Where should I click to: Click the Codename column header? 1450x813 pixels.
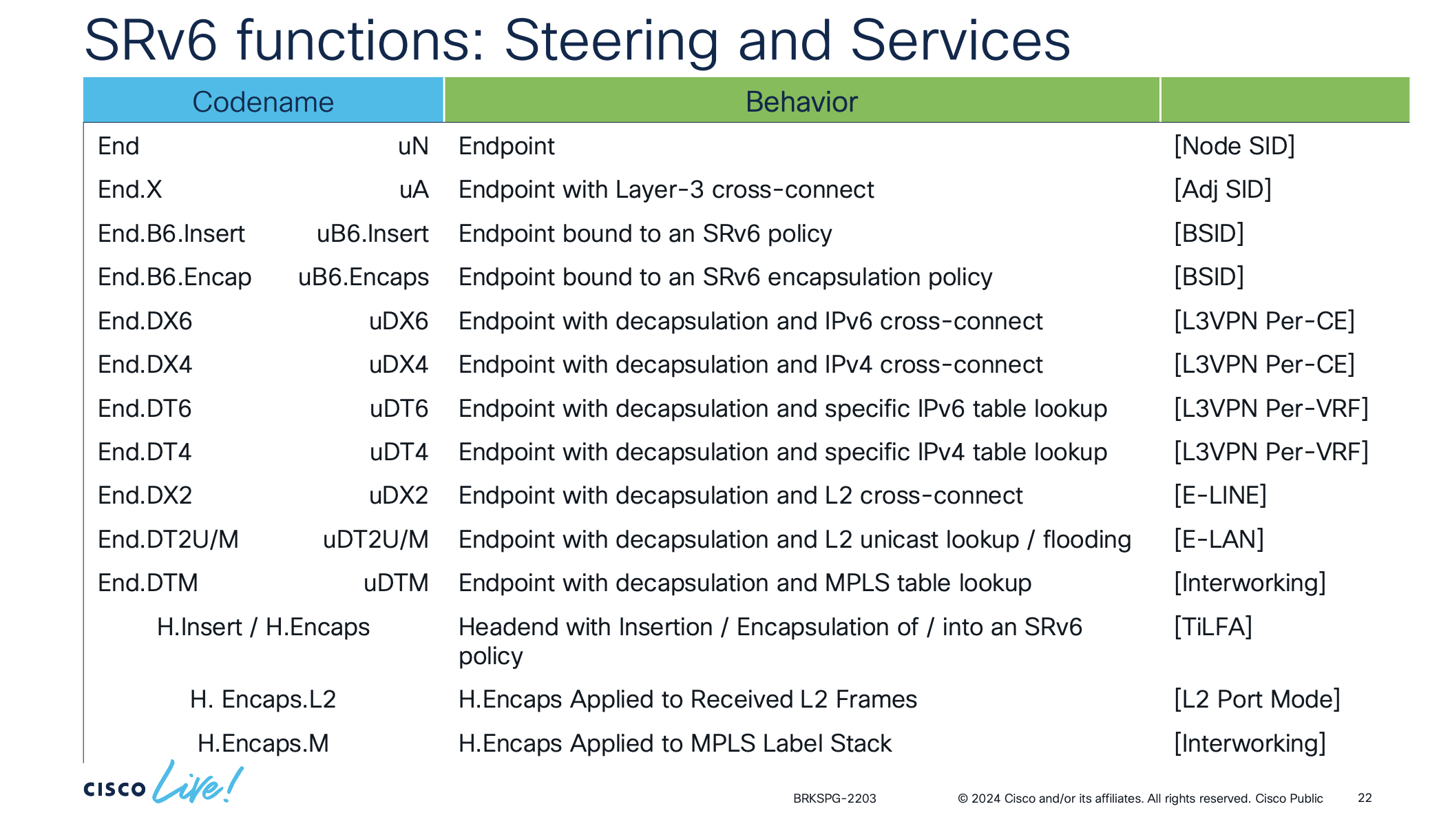263,102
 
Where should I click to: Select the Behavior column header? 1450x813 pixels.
801,102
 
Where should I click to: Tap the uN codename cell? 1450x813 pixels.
413,146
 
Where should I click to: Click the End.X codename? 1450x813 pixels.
129,189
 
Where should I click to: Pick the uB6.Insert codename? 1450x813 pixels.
372,234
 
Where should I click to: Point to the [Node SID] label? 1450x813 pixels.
1234,146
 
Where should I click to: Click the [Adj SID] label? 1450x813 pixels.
1223,189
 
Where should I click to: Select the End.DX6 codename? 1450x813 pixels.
145,321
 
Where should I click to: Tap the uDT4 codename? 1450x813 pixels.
399,452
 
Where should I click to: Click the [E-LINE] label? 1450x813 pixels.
1220,495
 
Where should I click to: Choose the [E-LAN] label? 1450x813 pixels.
1219,539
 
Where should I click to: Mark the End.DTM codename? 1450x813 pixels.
148,583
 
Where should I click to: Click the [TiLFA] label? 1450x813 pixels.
1213,627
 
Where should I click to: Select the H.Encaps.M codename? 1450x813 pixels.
263,743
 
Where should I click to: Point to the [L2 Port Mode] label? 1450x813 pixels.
1257,699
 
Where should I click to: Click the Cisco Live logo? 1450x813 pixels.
164,783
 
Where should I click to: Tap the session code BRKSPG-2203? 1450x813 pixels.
834,799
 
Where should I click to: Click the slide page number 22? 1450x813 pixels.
1365,798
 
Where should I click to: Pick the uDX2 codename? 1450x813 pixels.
399,495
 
